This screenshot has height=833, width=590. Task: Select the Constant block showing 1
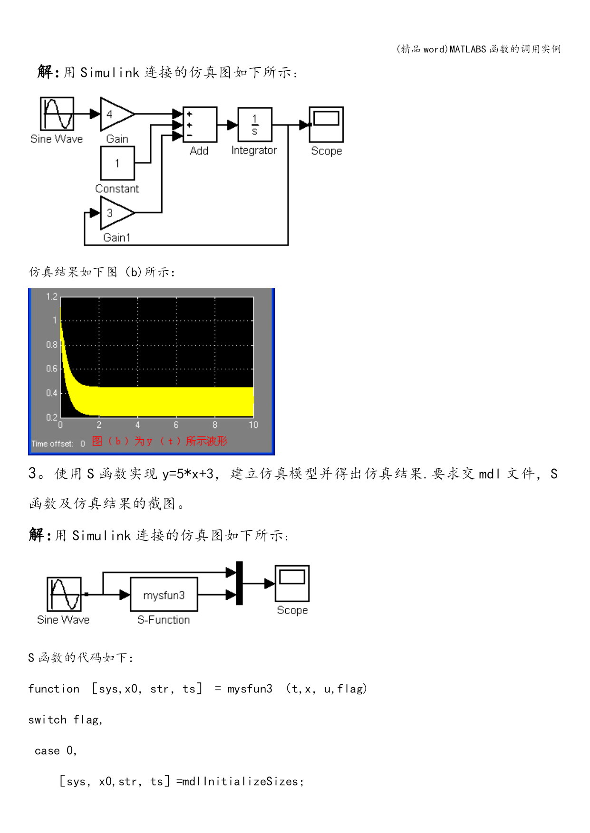[117, 163]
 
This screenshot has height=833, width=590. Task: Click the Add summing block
[200, 124]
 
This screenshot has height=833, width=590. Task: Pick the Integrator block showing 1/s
[255, 124]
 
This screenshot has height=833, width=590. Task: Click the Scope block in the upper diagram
[326, 124]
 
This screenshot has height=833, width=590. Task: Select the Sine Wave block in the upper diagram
[57, 114]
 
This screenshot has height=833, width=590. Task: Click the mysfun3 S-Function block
[164, 594]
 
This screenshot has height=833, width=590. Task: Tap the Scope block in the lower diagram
[292, 584]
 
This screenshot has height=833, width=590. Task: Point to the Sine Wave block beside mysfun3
[64, 594]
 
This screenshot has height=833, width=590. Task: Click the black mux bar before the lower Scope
[240, 583]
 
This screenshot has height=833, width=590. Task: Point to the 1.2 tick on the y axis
[52, 297]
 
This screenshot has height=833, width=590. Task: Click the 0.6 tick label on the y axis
[52, 369]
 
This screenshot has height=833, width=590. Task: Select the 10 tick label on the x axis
[253, 425]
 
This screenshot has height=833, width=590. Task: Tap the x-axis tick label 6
[176, 425]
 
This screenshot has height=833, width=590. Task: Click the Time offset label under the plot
[52, 444]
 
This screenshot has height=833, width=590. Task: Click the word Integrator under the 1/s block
[254, 151]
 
